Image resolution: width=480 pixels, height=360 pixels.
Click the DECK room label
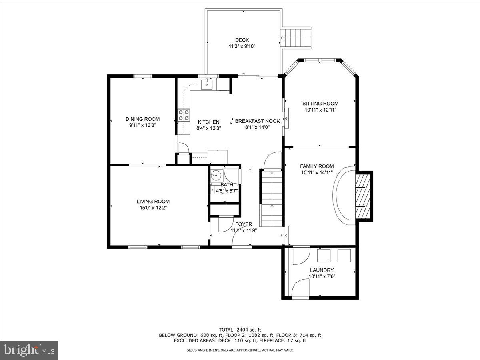click(242, 40)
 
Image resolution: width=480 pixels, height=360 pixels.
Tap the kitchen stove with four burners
click(184, 115)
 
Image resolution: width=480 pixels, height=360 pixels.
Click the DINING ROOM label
click(142, 119)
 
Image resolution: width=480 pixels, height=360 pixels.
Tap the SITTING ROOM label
click(320, 104)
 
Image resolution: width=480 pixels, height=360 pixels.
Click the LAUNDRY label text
click(321, 270)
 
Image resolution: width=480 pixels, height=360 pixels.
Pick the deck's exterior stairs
click(296, 38)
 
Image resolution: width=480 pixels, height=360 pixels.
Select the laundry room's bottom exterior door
click(300, 289)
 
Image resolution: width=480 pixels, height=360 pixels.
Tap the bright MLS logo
click(29, 350)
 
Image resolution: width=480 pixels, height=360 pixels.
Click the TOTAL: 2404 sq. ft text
click(240, 330)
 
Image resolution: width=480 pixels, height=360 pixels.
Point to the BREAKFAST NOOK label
click(257, 121)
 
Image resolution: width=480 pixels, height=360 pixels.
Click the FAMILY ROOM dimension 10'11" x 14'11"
click(317, 173)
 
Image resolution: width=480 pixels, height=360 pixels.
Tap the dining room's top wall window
click(142, 75)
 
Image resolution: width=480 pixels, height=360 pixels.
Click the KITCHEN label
click(208, 122)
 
